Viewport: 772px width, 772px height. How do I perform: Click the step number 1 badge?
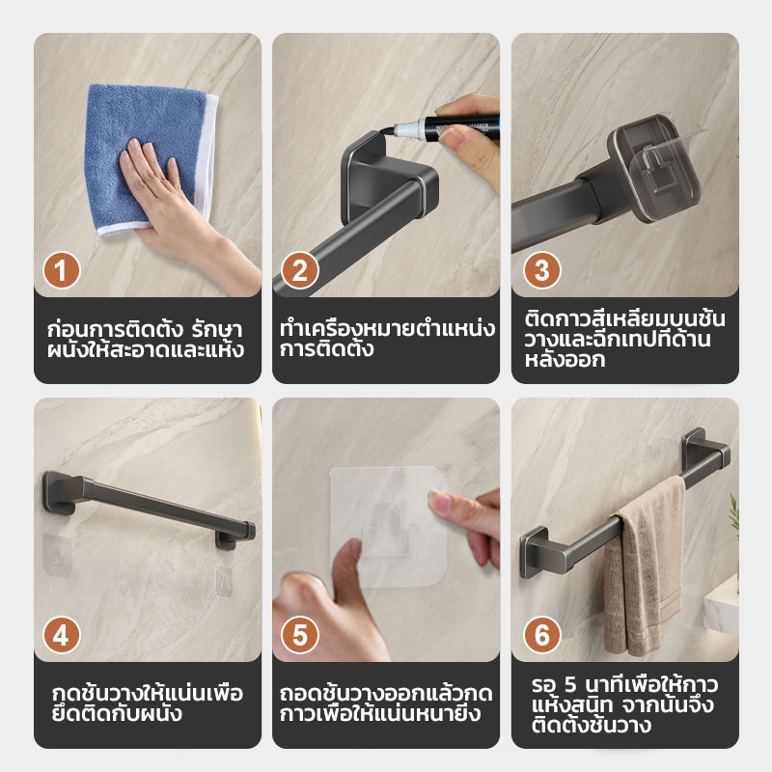61,270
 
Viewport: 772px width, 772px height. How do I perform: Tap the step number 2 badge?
300,270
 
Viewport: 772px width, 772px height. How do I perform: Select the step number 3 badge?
541,270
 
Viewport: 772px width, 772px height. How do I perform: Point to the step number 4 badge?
61,635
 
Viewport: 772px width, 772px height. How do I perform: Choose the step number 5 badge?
300,635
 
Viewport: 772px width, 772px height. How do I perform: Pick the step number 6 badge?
541,635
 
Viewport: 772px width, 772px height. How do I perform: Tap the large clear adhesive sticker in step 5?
389,527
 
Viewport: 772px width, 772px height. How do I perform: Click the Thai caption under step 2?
387,339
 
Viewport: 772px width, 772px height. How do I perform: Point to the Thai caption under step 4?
148,703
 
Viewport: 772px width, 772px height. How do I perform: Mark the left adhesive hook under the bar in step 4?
57,555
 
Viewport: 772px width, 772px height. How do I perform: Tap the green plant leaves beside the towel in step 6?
734,512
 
